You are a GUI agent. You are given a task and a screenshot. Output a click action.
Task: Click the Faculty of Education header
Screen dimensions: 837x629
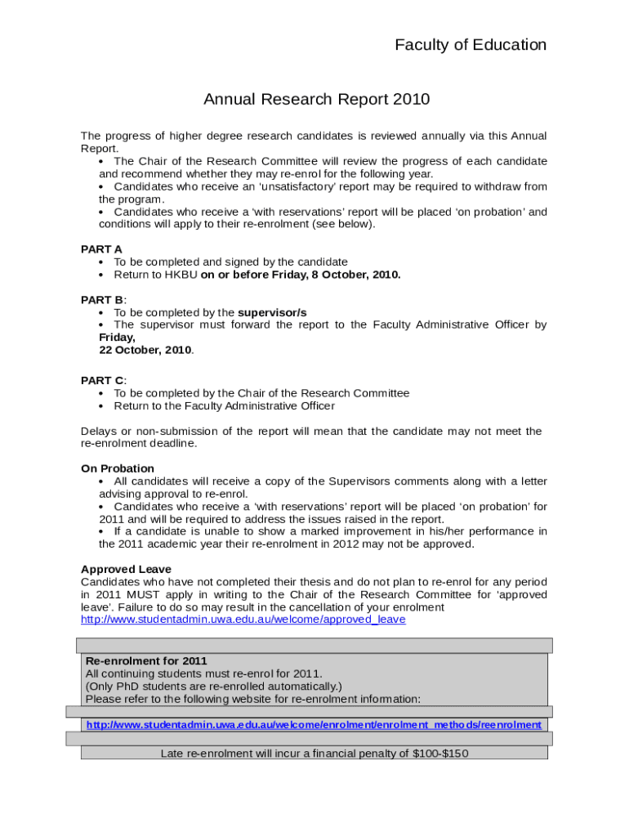tap(471, 45)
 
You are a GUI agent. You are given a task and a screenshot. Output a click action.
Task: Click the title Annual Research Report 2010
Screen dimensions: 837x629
tap(316, 100)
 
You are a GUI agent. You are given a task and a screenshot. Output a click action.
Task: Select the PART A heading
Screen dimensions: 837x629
tap(101, 249)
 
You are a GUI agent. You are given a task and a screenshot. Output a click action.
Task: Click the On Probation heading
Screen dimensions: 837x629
tap(117, 468)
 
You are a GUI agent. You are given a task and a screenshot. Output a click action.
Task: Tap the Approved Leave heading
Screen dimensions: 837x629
tap(126, 569)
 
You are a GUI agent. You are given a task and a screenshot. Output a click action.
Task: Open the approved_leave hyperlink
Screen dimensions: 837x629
tap(243, 620)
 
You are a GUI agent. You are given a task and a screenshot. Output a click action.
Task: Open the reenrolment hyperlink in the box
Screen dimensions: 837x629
tap(314, 725)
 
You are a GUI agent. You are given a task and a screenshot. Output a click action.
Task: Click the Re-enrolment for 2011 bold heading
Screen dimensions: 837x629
tap(146, 660)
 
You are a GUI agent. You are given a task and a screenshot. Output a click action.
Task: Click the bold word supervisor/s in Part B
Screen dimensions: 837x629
tap(272, 312)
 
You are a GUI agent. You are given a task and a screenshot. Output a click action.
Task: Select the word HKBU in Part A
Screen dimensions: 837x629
tap(181, 275)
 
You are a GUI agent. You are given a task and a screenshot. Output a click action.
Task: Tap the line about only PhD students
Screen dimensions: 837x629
tap(213, 686)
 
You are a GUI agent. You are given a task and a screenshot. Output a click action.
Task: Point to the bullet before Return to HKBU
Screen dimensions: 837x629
tap(100, 275)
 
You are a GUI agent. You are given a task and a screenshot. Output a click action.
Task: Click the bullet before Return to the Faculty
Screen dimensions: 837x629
tap(100, 406)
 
